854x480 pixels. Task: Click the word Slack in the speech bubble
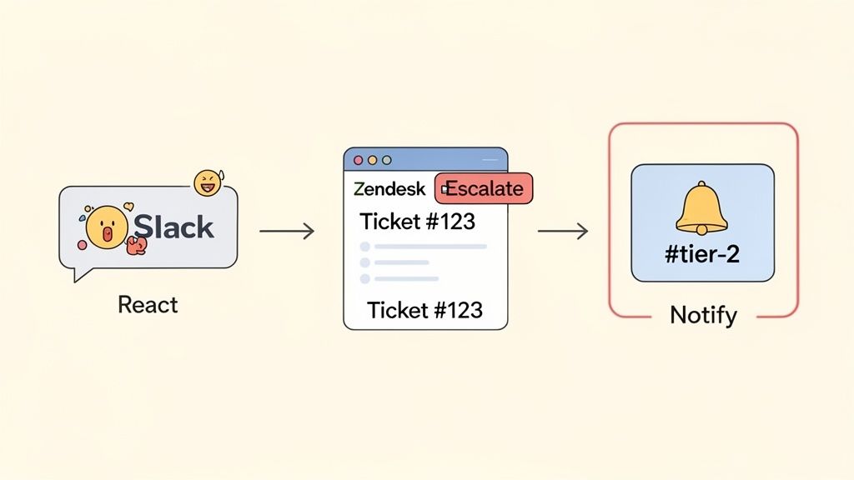(x=174, y=227)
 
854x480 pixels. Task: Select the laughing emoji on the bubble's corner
(x=206, y=183)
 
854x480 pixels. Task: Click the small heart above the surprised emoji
(x=128, y=206)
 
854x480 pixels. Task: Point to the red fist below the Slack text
(x=136, y=244)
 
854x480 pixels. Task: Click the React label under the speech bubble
(x=148, y=304)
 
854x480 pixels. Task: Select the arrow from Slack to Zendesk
(x=286, y=231)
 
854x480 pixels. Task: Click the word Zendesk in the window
(x=389, y=188)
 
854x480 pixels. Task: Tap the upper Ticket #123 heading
(x=417, y=222)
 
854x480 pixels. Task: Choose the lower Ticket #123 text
(x=424, y=310)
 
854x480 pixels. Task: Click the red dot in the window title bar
(x=359, y=159)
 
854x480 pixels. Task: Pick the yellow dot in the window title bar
(x=372, y=159)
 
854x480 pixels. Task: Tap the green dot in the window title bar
(x=385, y=159)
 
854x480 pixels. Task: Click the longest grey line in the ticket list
(x=430, y=247)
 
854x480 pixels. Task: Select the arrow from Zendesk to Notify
(x=563, y=231)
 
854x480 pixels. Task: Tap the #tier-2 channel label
(x=701, y=254)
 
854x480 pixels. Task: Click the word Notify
(x=703, y=315)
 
